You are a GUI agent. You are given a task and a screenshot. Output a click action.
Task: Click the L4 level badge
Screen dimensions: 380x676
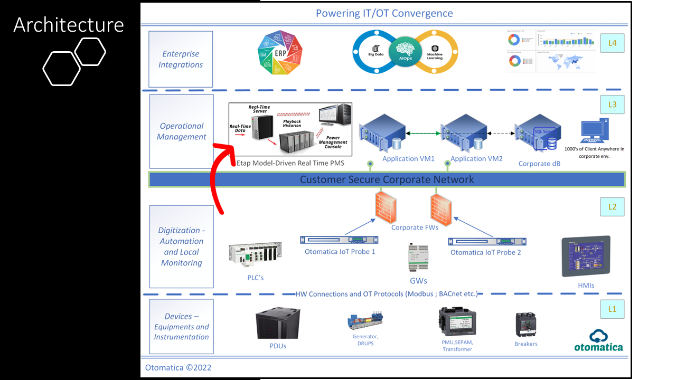[612, 43]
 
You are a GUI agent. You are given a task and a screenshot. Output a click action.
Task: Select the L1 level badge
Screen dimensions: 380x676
[612, 309]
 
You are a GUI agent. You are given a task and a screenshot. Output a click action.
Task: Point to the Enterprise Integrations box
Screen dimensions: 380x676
[181, 59]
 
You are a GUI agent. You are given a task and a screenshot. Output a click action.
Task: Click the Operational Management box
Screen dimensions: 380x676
[181, 131]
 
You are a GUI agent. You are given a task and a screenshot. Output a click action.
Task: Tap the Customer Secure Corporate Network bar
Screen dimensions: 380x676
[387, 179]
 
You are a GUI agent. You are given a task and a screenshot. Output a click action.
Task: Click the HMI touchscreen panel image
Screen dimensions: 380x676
[585, 256]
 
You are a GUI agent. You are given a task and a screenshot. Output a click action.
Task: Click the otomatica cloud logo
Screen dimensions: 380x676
[598, 340]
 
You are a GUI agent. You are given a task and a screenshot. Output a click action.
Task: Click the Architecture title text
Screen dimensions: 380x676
[69, 25]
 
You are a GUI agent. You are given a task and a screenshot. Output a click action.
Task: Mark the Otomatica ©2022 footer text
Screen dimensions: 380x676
[178, 367]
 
